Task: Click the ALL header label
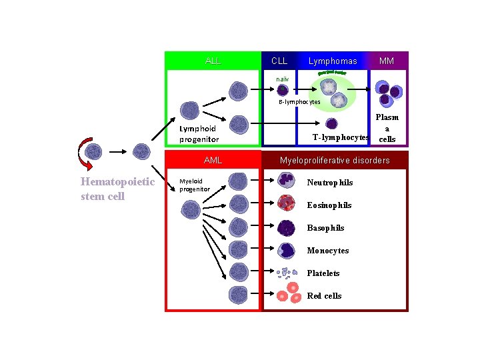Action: point(213,61)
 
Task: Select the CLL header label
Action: point(279,61)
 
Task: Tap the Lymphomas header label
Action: point(333,61)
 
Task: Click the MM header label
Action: point(387,61)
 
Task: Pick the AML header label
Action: point(213,161)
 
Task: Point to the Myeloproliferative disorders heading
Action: point(335,161)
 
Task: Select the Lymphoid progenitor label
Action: point(199,134)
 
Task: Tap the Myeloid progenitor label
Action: point(195,185)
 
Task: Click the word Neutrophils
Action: point(329,183)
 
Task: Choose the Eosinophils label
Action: point(329,205)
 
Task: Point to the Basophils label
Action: point(325,228)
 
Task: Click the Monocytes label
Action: point(327,251)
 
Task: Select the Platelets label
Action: point(323,273)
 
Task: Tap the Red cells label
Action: point(324,296)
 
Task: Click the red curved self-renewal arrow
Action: point(83,153)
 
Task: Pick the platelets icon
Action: point(287,274)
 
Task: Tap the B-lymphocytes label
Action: point(299,102)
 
